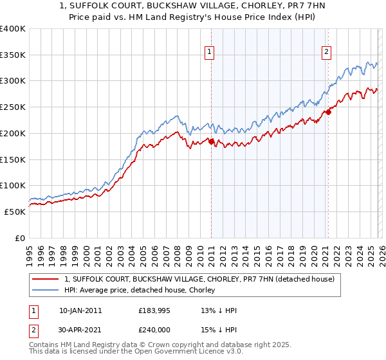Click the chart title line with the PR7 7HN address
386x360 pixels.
[192, 6]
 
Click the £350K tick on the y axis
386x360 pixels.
[13, 55]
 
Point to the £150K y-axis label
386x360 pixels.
[13, 159]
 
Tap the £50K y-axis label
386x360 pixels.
[15, 212]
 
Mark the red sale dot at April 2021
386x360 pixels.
[328, 112]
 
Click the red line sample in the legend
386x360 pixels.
[45, 280]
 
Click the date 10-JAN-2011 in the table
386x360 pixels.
[80, 310]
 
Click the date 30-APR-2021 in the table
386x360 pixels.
[80, 330]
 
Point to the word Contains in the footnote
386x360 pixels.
[44, 345]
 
